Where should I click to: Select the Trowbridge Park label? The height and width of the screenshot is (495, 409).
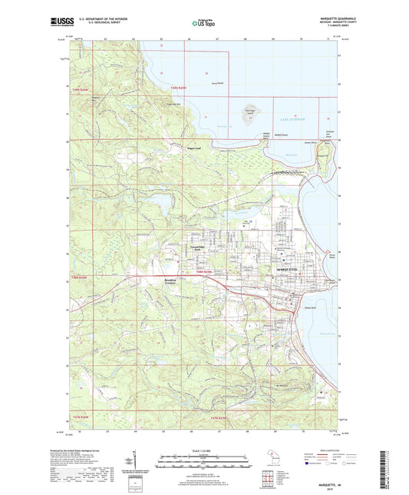click(x=199, y=248)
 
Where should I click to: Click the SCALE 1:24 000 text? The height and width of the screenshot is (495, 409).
click(x=204, y=451)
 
